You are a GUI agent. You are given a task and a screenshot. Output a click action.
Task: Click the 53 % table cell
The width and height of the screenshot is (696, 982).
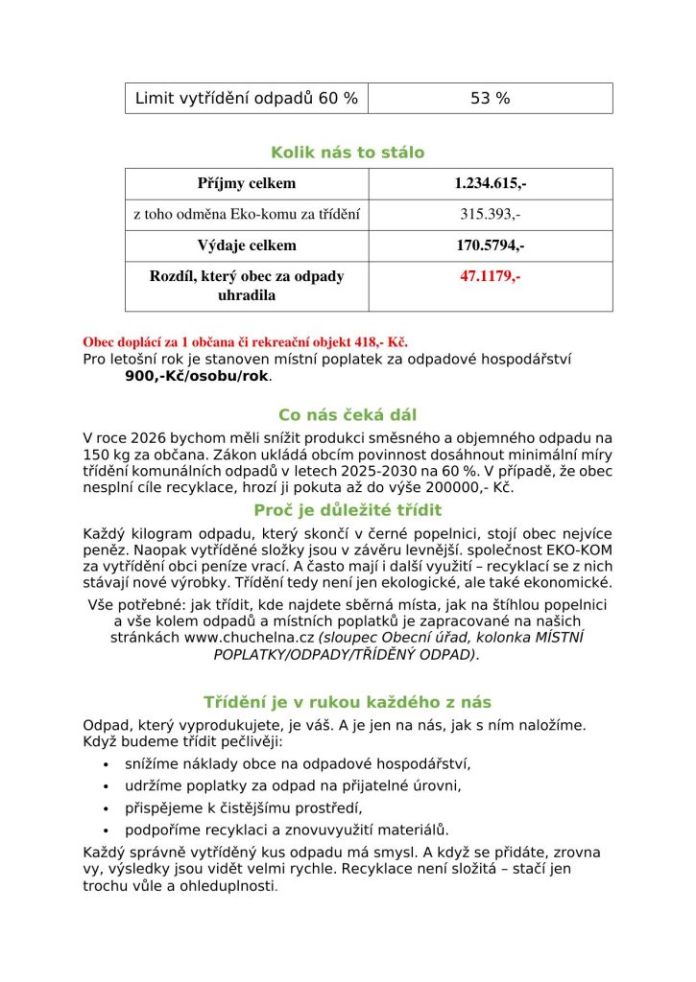490,98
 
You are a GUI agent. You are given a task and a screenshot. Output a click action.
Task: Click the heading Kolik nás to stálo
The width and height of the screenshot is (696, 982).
348,152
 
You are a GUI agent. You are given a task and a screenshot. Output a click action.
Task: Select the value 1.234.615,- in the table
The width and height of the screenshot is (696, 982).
490,183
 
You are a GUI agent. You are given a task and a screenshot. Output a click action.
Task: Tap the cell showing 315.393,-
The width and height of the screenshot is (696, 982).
490,215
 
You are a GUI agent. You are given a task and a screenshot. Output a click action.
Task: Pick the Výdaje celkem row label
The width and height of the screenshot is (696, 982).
247,245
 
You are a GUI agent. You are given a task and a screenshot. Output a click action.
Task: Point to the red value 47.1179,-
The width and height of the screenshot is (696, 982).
490,276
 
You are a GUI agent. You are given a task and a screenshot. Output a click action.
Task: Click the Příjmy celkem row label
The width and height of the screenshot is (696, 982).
247,183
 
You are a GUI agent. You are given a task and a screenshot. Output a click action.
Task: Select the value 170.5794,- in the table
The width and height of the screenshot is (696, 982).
490,245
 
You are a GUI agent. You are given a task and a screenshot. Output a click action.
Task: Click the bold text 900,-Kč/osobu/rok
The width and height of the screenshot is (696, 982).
198,376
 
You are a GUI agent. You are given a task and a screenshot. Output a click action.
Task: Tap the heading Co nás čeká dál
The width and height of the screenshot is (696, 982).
348,415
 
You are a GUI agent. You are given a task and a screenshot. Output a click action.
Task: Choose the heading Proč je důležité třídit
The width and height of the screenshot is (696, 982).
348,510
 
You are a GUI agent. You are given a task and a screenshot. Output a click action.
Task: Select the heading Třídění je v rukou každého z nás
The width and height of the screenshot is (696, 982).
348,702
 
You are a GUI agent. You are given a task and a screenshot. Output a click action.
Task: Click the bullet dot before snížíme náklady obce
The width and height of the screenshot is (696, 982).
105,764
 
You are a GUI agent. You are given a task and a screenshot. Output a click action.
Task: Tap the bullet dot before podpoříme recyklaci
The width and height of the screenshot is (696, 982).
105,830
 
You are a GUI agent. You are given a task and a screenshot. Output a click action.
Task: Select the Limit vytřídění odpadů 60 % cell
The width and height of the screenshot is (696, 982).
247,98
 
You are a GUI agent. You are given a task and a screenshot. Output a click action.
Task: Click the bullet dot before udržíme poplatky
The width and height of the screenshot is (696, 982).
105,786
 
